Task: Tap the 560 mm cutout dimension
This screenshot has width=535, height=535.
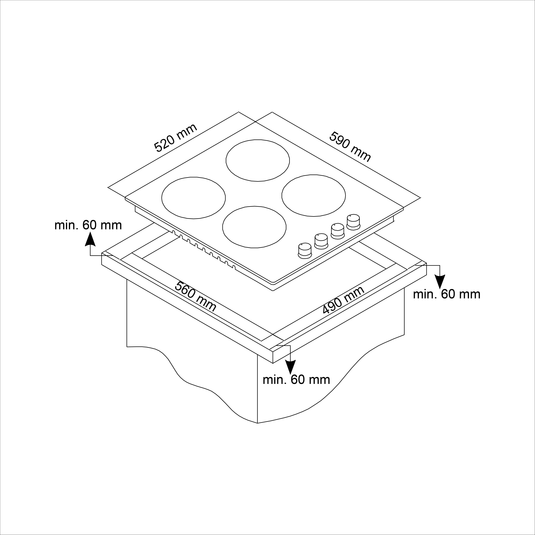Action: pos(196,297)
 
